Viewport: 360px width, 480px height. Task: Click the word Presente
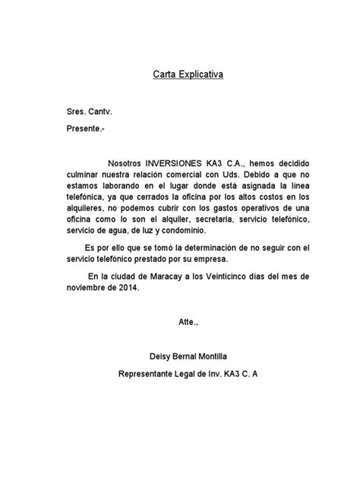[x=84, y=129]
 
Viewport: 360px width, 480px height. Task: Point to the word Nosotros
[x=128, y=163]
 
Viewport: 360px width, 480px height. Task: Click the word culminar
[x=83, y=175]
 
